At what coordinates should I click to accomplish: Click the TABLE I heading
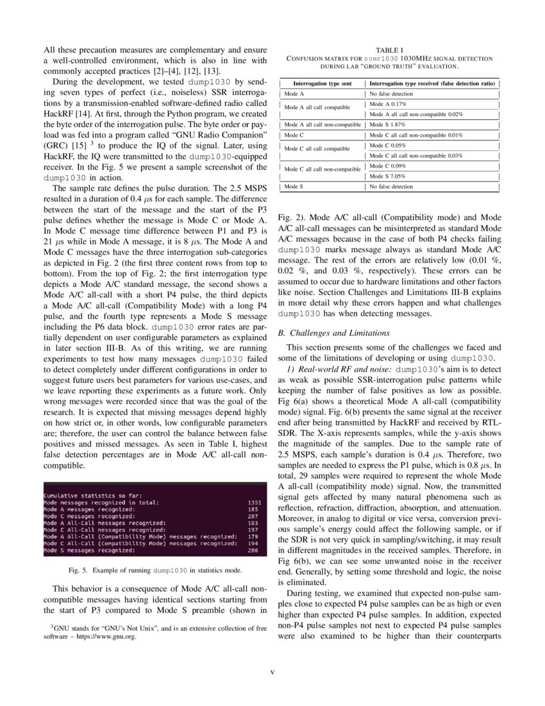(389, 49)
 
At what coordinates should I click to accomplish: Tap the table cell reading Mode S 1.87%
(387, 125)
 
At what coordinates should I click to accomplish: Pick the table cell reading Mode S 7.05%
(387, 176)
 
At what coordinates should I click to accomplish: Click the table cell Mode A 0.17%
(388, 103)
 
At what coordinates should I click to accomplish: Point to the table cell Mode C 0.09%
(388, 166)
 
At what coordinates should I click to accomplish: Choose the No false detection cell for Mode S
(391, 187)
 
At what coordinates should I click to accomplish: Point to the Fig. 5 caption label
(80, 570)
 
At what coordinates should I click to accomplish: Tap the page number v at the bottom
(272, 672)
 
